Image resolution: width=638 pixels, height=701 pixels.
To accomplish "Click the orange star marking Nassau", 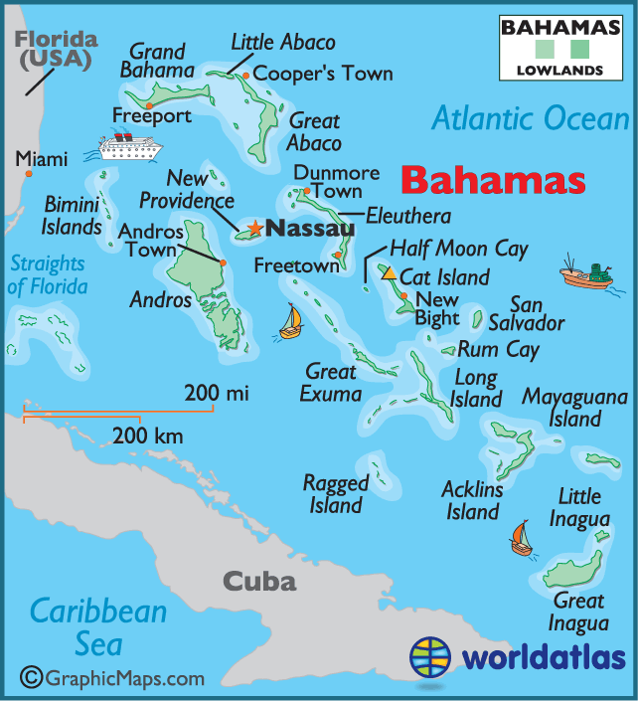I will click(x=255, y=229).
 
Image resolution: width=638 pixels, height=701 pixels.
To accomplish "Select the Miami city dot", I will click(x=29, y=174).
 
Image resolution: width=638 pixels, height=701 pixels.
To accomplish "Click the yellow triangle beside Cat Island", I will click(x=390, y=272).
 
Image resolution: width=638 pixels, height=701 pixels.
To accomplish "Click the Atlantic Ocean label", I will click(x=531, y=119).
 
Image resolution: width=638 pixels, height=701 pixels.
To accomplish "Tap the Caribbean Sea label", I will click(x=97, y=626).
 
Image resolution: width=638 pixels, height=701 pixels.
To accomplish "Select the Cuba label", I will click(x=258, y=581).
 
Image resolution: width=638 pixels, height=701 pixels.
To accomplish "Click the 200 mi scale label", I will click(x=216, y=394).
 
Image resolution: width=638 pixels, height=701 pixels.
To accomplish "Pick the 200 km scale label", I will click(x=147, y=436).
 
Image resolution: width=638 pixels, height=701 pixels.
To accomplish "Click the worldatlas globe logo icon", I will click(x=433, y=658).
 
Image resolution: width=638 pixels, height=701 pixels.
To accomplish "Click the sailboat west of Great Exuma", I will click(x=290, y=321).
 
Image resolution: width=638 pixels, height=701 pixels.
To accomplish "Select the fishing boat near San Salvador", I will click(x=584, y=272).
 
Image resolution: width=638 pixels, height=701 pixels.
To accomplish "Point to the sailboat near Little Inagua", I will click(x=521, y=538).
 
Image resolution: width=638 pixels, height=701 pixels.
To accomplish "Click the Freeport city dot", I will click(x=148, y=105).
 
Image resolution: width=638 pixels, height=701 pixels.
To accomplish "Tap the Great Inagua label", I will click(x=578, y=613).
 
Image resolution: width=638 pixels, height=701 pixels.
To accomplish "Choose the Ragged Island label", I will click(x=336, y=494).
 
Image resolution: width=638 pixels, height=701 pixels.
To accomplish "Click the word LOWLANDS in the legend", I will click(x=560, y=71).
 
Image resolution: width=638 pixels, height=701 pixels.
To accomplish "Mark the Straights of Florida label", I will click(x=47, y=275).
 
